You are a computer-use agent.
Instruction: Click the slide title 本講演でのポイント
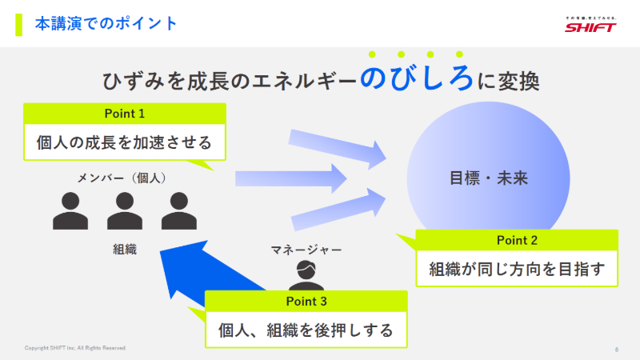[x=106, y=24]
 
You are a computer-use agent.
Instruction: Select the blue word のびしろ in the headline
[x=417, y=79]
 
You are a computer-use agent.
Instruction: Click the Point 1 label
[x=125, y=113]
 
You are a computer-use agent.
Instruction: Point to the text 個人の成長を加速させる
[x=125, y=142]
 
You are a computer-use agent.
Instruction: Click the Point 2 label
[x=517, y=239]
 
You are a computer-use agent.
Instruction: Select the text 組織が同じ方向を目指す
[x=517, y=268]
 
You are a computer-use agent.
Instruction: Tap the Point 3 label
[x=306, y=301]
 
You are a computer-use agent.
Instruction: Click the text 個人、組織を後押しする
[x=306, y=330]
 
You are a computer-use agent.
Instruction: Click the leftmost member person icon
[x=70, y=210]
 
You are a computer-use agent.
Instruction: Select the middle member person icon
[x=125, y=210]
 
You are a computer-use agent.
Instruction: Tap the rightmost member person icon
[x=178, y=210]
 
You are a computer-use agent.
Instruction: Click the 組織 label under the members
[x=125, y=250]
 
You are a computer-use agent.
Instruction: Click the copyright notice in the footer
[x=75, y=348]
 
